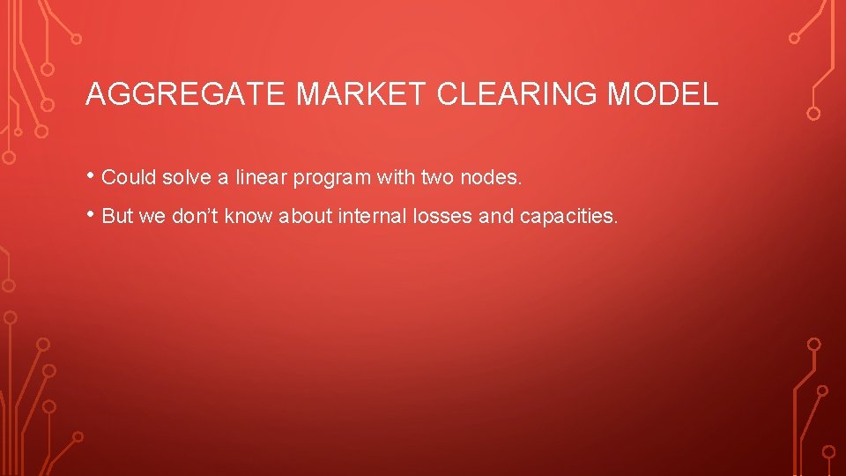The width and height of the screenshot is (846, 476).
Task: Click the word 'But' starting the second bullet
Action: pyautogui.click(x=117, y=216)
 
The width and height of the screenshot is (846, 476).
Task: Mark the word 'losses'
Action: pyautogui.click(x=445, y=216)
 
